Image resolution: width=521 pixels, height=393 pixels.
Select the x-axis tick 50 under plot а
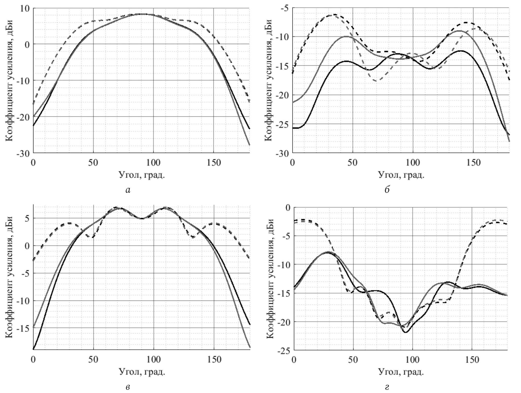click(93, 163)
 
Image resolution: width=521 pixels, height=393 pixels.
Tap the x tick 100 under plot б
click(413, 163)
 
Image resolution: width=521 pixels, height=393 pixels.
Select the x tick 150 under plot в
click(214, 360)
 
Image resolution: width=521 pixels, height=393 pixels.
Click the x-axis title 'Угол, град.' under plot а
click(142, 175)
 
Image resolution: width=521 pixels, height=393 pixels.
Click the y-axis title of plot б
click(269, 81)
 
